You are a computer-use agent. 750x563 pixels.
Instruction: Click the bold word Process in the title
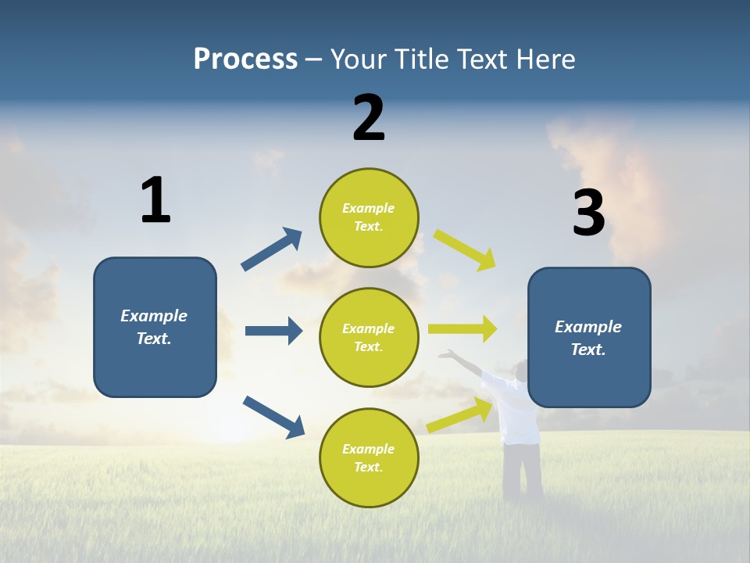point(245,59)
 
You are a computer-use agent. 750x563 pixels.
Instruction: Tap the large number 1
point(155,200)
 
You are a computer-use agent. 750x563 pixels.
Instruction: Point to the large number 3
point(588,213)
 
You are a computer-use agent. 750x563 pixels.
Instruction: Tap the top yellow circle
point(369,217)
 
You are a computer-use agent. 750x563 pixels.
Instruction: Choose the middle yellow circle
point(369,337)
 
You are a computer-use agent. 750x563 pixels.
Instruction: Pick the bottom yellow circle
point(369,457)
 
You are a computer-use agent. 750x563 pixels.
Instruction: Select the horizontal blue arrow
point(273,331)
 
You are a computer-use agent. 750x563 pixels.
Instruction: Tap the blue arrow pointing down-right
point(273,416)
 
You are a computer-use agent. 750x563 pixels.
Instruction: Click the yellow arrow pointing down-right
point(465,249)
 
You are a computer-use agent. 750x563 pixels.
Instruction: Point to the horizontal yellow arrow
point(462,329)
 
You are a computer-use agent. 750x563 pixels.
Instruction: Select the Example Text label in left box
point(155,327)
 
